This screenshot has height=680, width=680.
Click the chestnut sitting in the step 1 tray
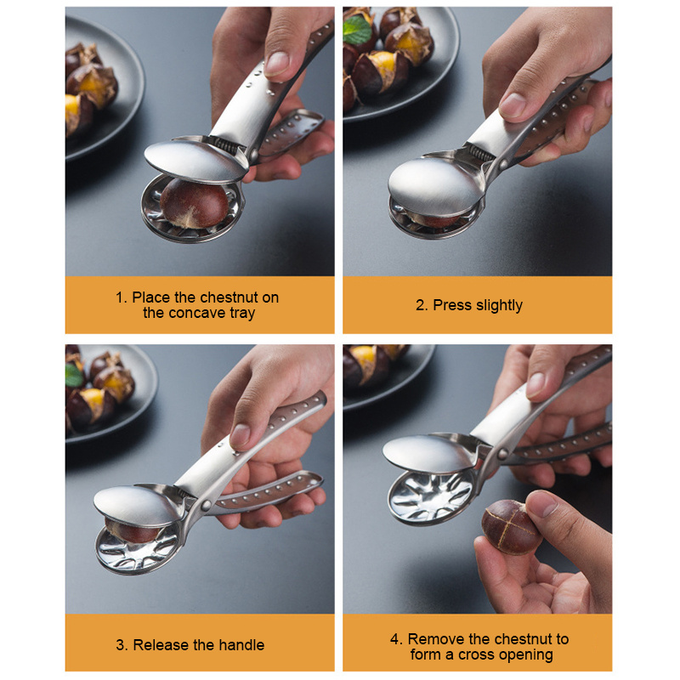click(x=194, y=204)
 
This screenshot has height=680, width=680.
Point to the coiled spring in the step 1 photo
click(x=225, y=144)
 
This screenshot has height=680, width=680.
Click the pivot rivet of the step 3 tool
click(x=206, y=505)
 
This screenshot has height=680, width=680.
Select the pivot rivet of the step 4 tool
click(x=502, y=454)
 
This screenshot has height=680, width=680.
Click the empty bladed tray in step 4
click(x=432, y=496)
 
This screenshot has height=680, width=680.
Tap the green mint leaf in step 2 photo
click(x=357, y=30)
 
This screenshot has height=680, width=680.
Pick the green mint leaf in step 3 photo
click(x=74, y=375)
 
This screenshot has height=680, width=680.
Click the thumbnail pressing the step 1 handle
click(x=277, y=64)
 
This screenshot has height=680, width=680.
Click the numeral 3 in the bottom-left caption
click(x=120, y=645)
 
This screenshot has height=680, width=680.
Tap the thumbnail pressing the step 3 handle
click(x=240, y=436)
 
